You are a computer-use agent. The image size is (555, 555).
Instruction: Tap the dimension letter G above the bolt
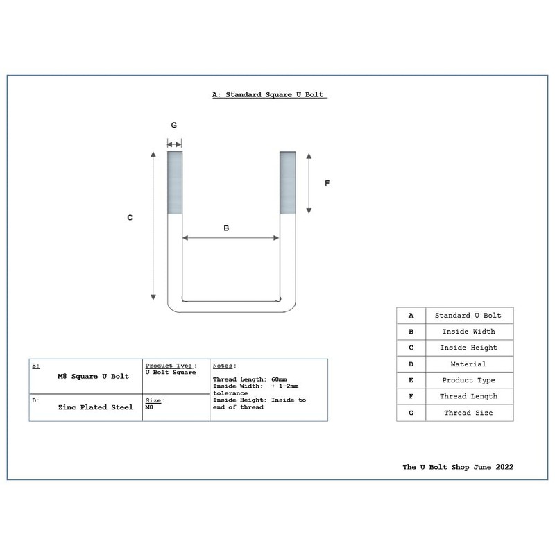click(174, 126)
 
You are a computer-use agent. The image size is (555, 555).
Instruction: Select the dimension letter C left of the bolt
click(130, 218)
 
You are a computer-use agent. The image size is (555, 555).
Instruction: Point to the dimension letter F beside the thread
click(327, 183)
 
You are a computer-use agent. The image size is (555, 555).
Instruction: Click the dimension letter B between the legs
click(225, 228)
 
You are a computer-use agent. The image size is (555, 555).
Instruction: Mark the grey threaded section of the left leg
click(174, 182)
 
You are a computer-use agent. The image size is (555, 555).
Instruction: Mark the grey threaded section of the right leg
click(287, 182)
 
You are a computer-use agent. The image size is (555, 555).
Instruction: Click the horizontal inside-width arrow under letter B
click(230, 239)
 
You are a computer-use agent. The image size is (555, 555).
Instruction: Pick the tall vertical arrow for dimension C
click(153, 225)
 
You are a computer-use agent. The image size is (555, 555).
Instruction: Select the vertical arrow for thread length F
click(309, 182)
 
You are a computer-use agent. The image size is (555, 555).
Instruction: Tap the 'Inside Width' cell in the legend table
click(469, 332)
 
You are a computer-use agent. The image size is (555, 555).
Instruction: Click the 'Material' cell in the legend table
click(469, 364)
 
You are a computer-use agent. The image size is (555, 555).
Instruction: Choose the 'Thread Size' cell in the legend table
click(469, 413)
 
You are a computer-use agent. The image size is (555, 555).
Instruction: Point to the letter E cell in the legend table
click(411, 380)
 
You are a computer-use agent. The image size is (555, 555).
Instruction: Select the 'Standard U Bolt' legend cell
click(469, 316)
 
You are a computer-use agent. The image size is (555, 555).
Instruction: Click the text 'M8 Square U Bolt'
click(93, 376)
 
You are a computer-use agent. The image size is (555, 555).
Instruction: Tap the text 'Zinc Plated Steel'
click(96, 407)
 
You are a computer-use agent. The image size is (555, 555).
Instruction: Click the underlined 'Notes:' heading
click(224, 366)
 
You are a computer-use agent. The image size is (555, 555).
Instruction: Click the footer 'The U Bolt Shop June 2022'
click(458, 467)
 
